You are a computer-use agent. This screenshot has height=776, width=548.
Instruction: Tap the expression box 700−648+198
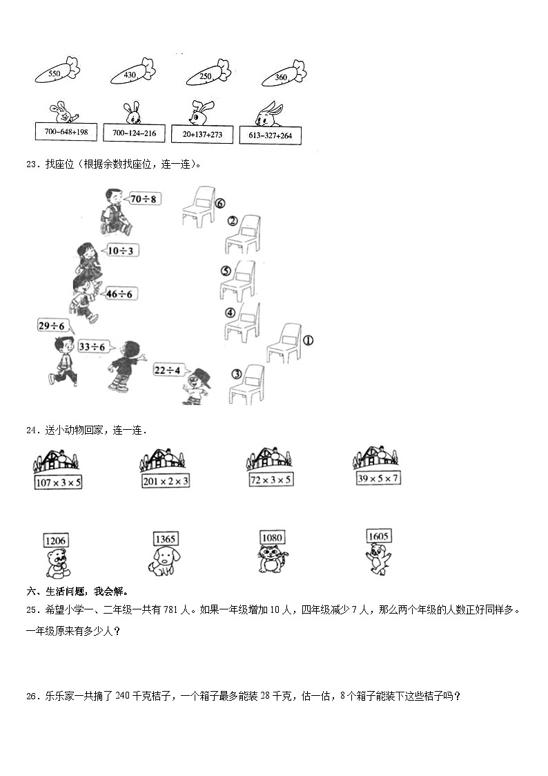pyautogui.click(x=67, y=131)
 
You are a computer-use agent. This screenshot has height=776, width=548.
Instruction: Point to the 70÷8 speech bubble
pyautogui.click(x=145, y=199)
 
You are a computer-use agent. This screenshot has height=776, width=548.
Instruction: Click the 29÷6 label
pyautogui.click(x=52, y=325)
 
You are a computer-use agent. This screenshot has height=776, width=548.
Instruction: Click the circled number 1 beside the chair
pyautogui.click(x=308, y=340)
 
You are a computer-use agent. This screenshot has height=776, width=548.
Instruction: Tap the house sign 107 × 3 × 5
pyautogui.click(x=58, y=482)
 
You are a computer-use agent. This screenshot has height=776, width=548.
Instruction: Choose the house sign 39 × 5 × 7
pyautogui.click(x=378, y=477)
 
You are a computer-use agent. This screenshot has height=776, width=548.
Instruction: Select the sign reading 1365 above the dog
pyautogui.click(x=166, y=538)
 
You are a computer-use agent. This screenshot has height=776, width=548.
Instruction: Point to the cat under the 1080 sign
pyautogui.click(x=273, y=559)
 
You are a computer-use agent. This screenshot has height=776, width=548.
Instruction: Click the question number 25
pyautogui.click(x=31, y=610)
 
